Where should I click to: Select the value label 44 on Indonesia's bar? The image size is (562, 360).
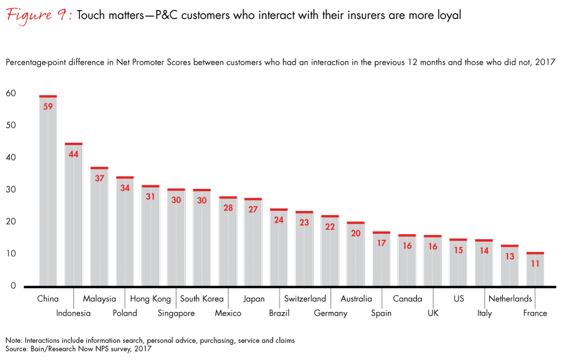coord(73,154)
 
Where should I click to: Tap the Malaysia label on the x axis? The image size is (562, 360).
coord(99,299)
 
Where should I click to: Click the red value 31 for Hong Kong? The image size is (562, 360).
coord(150,196)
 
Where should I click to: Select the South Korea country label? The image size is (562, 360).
coord(202,299)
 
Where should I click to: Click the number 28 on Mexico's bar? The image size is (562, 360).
coord(228,207)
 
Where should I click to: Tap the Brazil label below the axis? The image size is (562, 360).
coord(279,313)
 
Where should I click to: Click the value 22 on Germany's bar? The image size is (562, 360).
coord(330,227)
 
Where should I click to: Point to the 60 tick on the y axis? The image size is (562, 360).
coord(11,94)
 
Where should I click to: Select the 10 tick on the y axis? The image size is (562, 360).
coord(11,254)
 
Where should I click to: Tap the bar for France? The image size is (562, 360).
coord(535,272)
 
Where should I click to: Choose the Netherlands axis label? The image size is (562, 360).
coord(510,299)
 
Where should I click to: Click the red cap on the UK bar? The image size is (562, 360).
coord(433,236)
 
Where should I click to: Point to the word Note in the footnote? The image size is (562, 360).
coord(15,340)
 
